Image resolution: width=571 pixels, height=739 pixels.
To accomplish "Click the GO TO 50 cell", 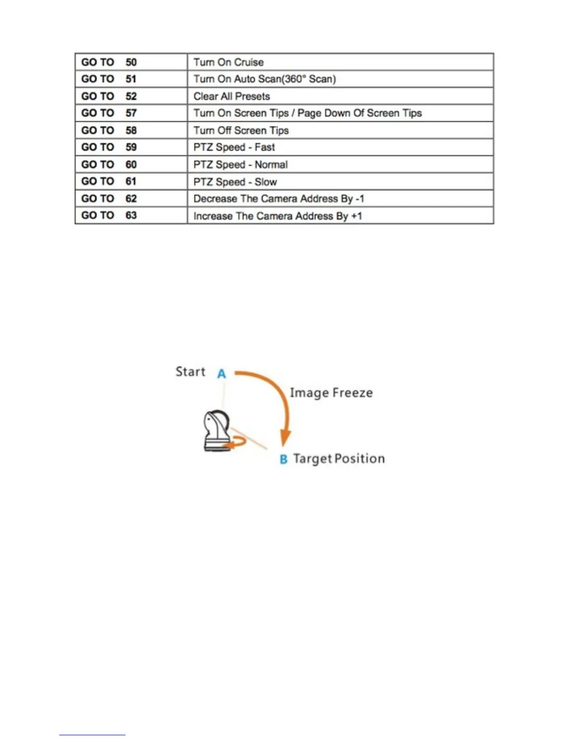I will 109,63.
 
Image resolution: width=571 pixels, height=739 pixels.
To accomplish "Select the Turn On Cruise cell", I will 229,63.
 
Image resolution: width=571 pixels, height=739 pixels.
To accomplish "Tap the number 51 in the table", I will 131,79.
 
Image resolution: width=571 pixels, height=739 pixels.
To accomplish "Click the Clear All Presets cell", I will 232,97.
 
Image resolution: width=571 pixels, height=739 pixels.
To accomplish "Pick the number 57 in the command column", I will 131,113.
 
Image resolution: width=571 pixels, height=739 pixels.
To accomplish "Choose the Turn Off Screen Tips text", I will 241,131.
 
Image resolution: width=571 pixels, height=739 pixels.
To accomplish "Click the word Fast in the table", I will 265,147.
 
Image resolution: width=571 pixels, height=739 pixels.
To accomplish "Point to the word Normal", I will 271,165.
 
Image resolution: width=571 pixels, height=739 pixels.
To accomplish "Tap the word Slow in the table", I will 266,182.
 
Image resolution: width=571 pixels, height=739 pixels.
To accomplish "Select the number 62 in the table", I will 131,199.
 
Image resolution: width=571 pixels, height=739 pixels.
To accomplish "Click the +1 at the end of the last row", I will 356,216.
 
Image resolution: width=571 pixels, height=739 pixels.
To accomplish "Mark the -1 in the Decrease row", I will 359,199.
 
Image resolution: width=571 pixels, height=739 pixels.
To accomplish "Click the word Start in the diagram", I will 190,372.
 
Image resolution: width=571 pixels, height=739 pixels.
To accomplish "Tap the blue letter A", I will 222,374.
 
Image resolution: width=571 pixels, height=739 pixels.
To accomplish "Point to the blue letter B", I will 284,460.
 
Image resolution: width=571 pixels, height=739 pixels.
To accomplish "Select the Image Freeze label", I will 331,393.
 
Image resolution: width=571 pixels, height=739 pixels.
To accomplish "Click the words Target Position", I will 339,459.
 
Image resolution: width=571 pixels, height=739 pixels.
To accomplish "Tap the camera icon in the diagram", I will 216,430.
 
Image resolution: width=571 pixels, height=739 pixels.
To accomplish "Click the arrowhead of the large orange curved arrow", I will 285,440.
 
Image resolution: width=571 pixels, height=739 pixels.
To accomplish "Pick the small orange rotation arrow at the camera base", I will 236,443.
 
